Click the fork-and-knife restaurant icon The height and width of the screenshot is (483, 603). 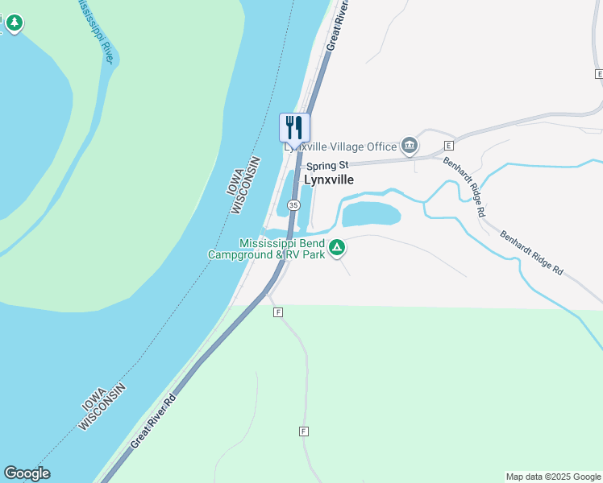(294, 127)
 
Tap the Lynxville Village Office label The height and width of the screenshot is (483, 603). (340, 147)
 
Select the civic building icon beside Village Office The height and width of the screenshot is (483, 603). (410, 146)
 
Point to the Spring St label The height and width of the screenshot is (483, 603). (326, 166)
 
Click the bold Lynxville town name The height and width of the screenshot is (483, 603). (328, 180)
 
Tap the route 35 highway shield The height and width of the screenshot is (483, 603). (293, 206)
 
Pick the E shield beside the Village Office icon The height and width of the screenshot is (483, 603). (449, 146)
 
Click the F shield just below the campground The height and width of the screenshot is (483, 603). (278, 312)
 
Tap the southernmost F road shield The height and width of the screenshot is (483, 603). (304, 431)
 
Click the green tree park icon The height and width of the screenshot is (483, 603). (14, 23)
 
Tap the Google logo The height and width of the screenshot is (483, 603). (27, 473)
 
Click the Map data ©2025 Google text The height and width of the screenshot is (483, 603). (554, 477)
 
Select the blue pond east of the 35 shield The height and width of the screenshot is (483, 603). (372, 214)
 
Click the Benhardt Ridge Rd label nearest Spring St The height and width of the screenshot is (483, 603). (464, 185)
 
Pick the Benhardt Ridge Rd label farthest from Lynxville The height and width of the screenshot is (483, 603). (530, 254)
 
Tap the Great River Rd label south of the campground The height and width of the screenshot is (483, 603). (152, 422)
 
